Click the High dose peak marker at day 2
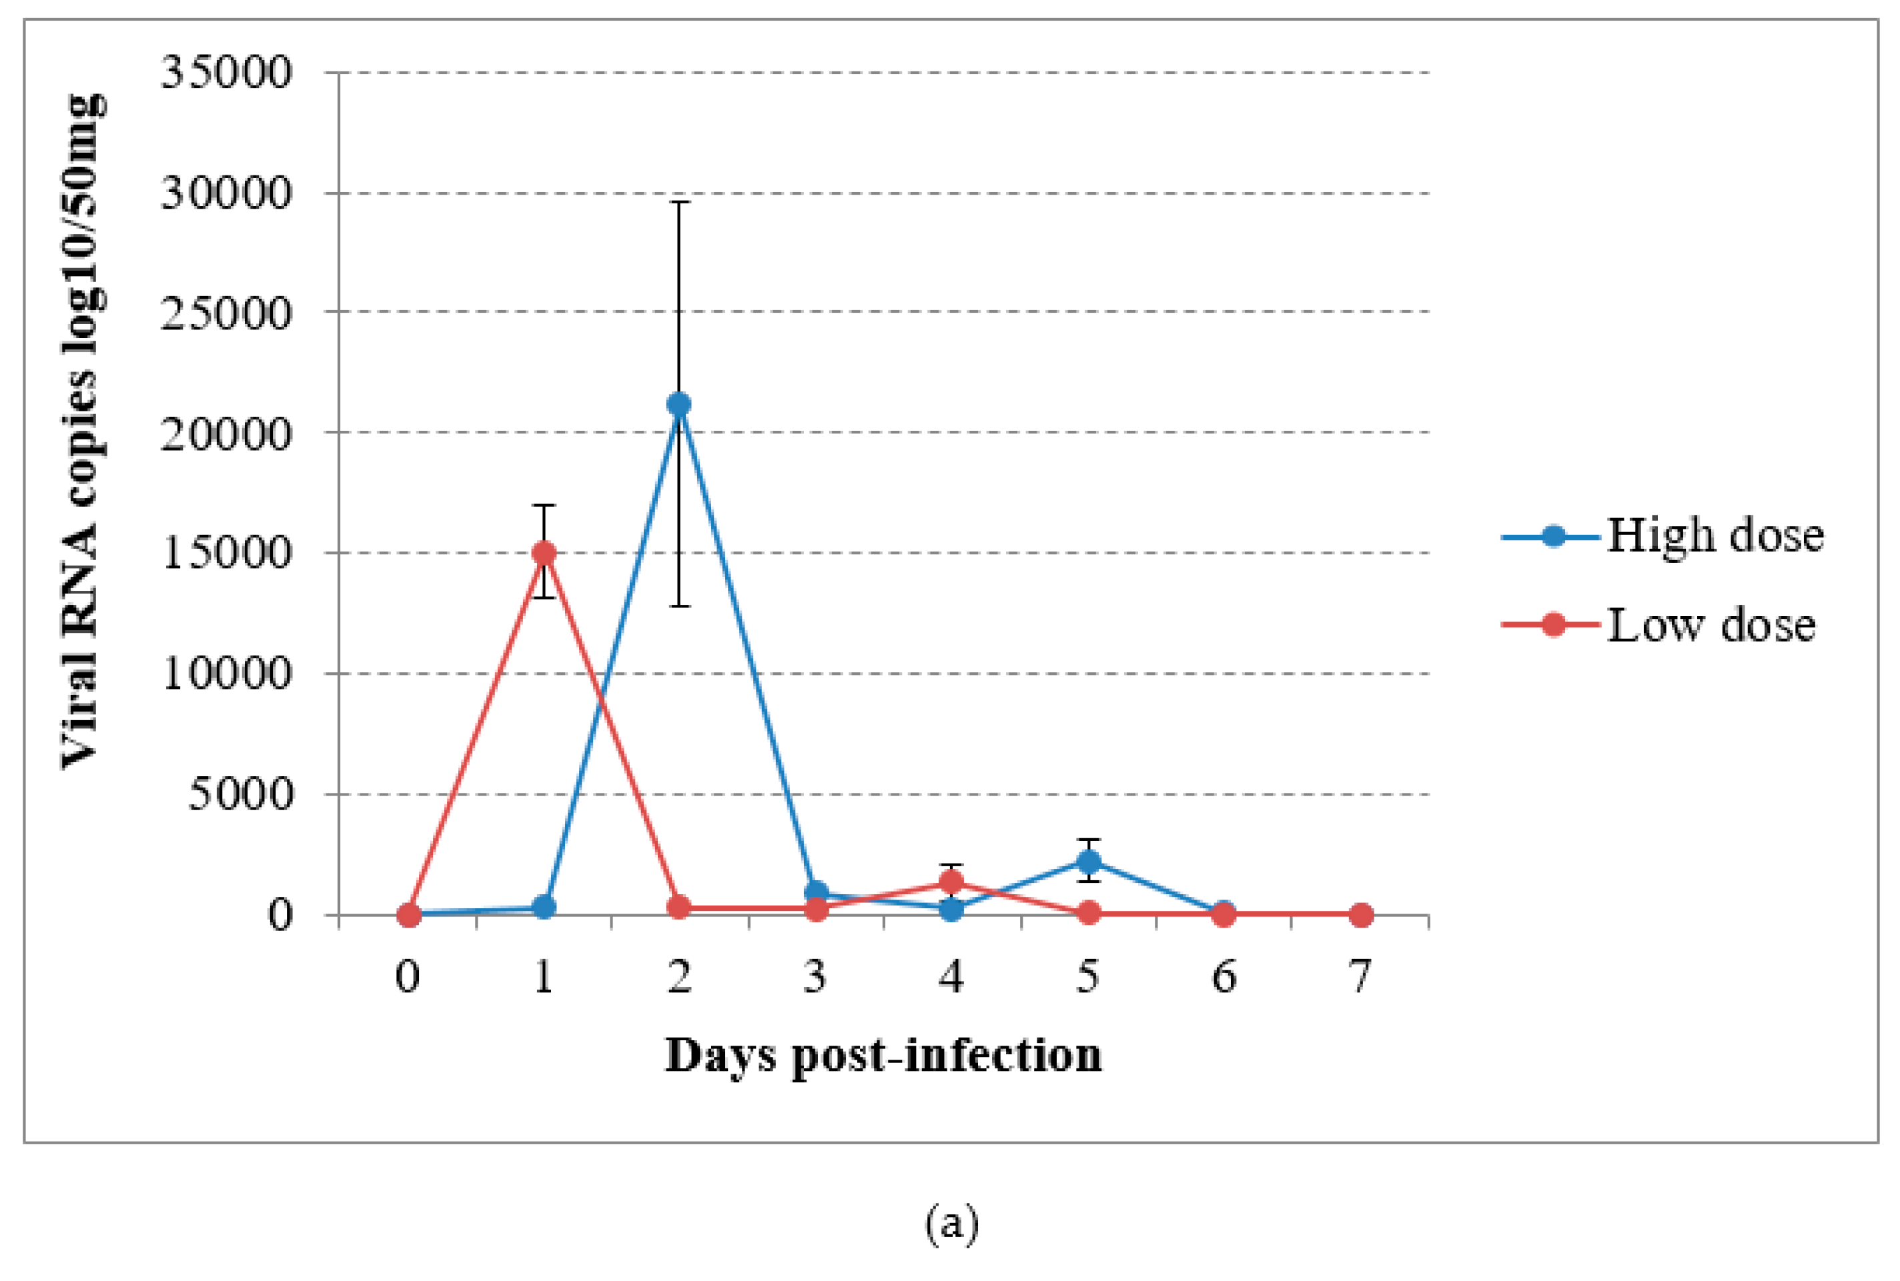(x=678, y=403)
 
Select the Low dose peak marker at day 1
(x=544, y=552)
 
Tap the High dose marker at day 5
(x=1087, y=861)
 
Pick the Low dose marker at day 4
(x=951, y=882)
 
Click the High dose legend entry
(x=1664, y=537)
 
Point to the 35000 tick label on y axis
(x=226, y=73)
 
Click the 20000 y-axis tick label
(x=226, y=434)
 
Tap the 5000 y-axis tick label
(x=240, y=794)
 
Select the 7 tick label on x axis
(x=1359, y=976)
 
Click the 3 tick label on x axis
(x=815, y=976)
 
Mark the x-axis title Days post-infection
(x=883, y=1056)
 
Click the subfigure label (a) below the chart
(x=951, y=1224)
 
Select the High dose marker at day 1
(x=544, y=907)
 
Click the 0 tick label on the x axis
(x=408, y=976)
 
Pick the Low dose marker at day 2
(x=678, y=907)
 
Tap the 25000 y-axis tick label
(x=226, y=313)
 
